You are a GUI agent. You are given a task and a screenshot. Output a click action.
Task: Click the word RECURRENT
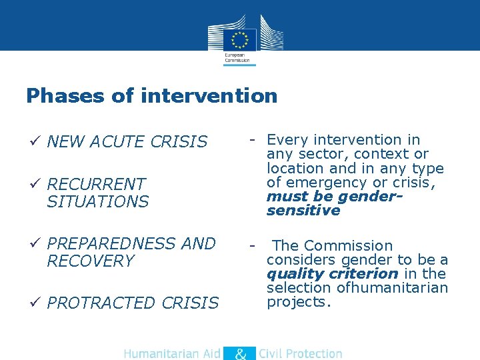pos(96,184)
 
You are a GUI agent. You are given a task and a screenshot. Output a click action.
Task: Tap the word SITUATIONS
pos(97,201)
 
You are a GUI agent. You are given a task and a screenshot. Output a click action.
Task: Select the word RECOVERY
pos(91,261)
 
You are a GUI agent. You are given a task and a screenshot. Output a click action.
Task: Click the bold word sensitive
pos(303,211)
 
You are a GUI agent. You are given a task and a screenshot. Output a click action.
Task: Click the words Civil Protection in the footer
pos(300,354)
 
